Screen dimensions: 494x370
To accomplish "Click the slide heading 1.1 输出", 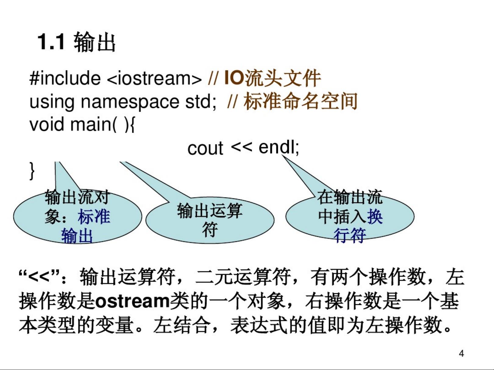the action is pos(76,42).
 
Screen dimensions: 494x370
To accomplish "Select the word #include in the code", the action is pos(65,78).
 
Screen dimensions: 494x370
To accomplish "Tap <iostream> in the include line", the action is pos(154,78).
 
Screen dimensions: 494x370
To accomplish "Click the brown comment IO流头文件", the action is pos(272,78).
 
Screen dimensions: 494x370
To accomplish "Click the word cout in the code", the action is pos(205,148).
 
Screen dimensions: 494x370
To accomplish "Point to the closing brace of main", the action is pos(32,171).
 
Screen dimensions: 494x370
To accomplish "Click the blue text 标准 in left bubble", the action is pos(94,217).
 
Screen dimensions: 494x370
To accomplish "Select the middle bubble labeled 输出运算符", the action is pos(210,220).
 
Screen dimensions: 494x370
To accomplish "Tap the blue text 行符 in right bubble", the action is pos(350,235).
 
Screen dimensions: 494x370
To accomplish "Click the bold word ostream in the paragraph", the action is pos(132,301).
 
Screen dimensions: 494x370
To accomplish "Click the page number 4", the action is pos(461,354).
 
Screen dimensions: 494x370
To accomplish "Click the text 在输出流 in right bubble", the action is pos(350,197).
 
